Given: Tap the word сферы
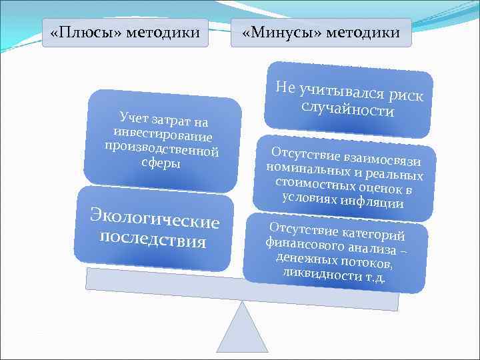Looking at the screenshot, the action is [161, 163].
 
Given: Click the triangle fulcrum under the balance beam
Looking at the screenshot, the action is [242, 333].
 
